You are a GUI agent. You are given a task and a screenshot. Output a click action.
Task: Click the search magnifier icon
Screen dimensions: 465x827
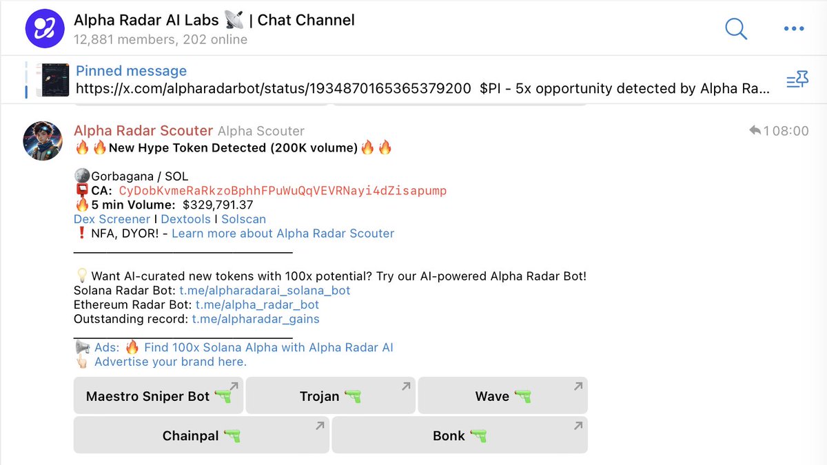point(736,29)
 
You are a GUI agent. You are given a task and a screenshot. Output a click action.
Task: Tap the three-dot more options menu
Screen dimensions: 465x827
point(794,29)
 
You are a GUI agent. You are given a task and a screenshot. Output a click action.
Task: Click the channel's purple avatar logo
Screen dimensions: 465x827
point(45,29)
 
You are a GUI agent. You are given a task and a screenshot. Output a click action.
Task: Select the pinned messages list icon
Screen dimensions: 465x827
point(797,80)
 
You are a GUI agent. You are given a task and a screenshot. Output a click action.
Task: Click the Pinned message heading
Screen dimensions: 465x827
point(131,71)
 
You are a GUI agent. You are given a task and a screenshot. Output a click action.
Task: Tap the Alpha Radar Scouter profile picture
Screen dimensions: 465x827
point(43,141)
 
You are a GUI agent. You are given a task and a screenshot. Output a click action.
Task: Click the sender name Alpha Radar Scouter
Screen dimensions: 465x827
point(143,131)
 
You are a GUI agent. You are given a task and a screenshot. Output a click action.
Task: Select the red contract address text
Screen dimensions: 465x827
point(283,191)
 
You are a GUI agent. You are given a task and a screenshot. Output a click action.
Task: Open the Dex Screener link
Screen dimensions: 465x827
point(112,219)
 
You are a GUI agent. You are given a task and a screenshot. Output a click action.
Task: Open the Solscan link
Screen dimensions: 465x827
point(243,219)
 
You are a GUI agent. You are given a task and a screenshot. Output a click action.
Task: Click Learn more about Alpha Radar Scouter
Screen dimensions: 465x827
point(283,234)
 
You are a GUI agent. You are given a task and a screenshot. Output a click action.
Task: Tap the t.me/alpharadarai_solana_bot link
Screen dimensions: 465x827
point(265,291)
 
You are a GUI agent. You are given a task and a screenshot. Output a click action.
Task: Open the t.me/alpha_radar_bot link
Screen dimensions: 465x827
point(257,304)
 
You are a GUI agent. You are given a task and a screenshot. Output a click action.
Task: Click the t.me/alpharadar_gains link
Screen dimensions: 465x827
point(255,319)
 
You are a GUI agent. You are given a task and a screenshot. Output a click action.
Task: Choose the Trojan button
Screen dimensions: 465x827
point(330,396)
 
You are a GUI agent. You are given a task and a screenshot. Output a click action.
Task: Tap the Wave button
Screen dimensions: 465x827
point(502,396)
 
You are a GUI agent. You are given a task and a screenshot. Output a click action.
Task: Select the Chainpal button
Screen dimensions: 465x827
point(201,435)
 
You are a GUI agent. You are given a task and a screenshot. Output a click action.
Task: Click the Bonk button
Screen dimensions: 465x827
point(459,435)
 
